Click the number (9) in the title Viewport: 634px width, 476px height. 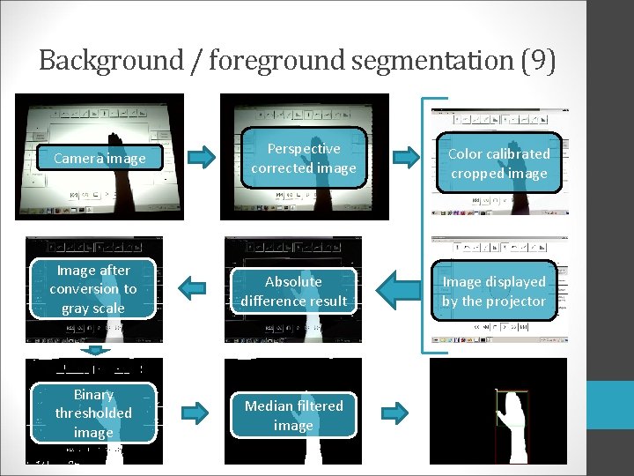click(537, 61)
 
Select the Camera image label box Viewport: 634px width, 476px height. click(100, 159)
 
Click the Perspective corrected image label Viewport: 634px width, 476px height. click(304, 158)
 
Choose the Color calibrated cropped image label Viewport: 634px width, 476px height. click(498, 163)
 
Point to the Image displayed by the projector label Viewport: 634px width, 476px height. click(494, 291)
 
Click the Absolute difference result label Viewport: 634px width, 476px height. click(293, 291)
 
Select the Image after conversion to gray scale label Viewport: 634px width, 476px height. click(93, 289)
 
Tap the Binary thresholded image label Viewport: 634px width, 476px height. click(93, 413)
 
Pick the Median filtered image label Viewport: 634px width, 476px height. click(293, 415)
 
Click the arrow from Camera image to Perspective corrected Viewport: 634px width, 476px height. click(203, 158)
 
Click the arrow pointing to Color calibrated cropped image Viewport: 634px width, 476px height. click(407, 158)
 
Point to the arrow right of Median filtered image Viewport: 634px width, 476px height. click(396, 411)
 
